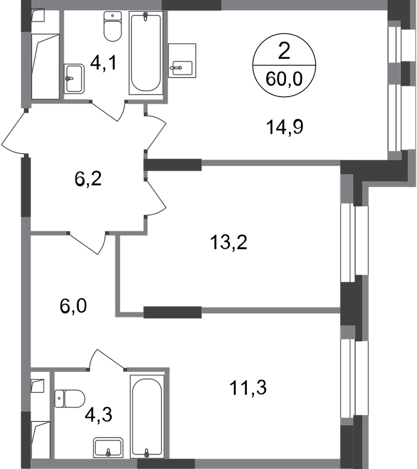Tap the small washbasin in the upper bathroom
tap(76, 79)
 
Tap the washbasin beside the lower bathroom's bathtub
tap(108, 447)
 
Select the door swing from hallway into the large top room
tap(156, 132)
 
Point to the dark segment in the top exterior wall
tap(191, 6)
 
